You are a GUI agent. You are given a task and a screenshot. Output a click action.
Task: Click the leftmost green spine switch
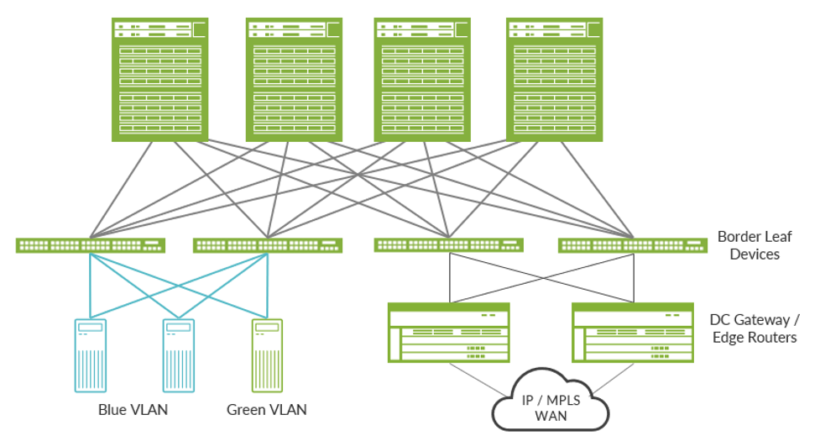pyautogui.click(x=159, y=80)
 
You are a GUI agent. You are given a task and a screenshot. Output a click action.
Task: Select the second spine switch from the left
pyautogui.click(x=294, y=80)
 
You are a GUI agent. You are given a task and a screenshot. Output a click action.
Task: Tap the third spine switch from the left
pyautogui.click(x=421, y=80)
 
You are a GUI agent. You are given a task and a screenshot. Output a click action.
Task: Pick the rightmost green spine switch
pyautogui.click(x=555, y=80)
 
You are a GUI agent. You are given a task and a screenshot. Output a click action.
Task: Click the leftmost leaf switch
pyautogui.click(x=91, y=245)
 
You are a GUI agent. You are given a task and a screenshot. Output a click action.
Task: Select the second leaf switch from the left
pyautogui.click(x=268, y=245)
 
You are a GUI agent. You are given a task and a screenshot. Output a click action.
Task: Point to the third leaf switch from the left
pyautogui.click(x=449, y=245)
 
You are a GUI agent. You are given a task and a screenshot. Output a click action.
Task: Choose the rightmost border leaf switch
pyautogui.click(x=632, y=245)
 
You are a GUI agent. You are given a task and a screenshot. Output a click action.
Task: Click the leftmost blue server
pyautogui.click(x=91, y=355)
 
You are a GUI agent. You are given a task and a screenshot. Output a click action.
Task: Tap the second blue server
pyautogui.click(x=179, y=355)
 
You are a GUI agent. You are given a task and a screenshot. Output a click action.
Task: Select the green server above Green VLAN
pyautogui.click(x=267, y=355)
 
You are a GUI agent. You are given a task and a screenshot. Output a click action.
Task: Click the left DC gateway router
pyautogui.click(x=449, y=333)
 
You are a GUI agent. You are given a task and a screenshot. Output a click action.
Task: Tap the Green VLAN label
pyautogui.click(x=267, y=410)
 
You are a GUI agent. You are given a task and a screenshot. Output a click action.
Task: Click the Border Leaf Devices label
pyautogui.click(x=755, y=245)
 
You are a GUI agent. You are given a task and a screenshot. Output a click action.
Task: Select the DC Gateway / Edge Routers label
pyautogui.click(x=753, y=328)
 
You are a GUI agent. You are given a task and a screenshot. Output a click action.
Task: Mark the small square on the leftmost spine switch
pyautogui.click(x=200, y=29)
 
